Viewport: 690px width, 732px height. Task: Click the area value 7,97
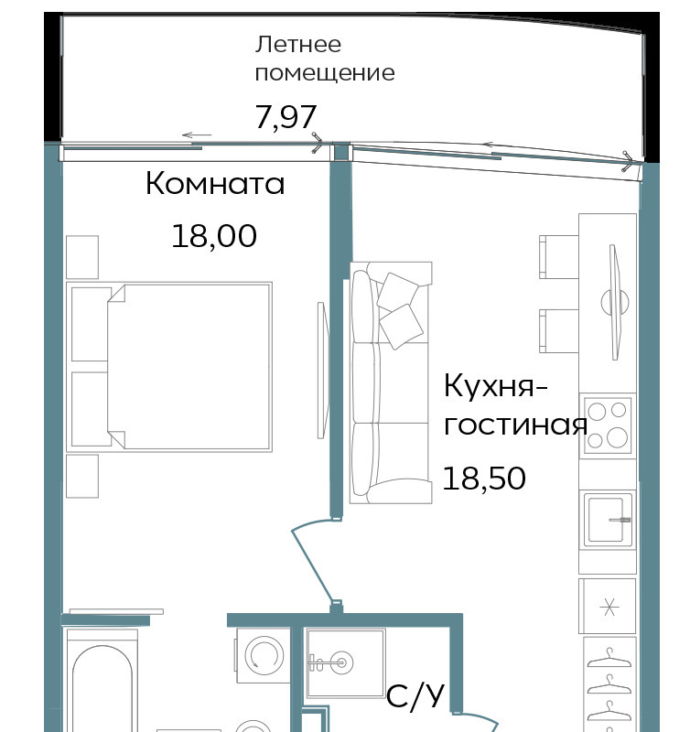tap(286, 117)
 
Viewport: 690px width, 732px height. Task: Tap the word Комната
tap(215, 183)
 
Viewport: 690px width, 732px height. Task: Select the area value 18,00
tap(214, 236)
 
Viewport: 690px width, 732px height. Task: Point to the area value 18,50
tap(484, 479)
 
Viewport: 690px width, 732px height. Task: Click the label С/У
tap(415, 695)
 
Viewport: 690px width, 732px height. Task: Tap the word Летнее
tap(297, 44)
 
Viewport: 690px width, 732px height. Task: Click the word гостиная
tap(515, 425)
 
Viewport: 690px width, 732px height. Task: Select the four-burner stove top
tap(608, 425)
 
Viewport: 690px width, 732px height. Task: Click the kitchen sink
tap(608, 519)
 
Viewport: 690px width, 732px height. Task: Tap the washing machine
tap(264, 655)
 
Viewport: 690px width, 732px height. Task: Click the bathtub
tap(102, 682)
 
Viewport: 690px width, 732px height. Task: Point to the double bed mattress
tap(189, 367)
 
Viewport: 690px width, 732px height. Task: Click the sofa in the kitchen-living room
tap(391, 382)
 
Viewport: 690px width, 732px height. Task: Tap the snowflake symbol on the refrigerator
tap(609, 607)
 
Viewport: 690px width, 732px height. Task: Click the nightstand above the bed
tap(82, 257)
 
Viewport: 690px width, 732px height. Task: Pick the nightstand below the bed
tap(82, 476)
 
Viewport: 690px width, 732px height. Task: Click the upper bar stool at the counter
tap(559, 257)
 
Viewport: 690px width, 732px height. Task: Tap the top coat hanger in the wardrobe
tap(609, 657)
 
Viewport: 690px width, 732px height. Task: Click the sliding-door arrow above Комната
tap(197, 135)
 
